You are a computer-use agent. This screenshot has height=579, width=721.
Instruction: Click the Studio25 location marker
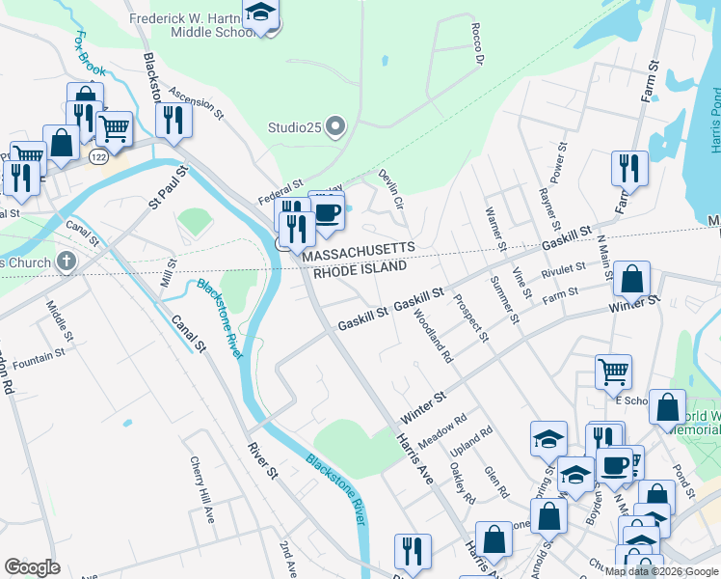(x=335, y=126)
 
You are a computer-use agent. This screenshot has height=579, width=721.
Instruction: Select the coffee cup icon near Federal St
(x=328, y=213)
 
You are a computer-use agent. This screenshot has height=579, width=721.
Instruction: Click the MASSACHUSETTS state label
(x=359, y=249)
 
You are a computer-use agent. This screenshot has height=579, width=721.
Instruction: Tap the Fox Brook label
(x=90, y=57)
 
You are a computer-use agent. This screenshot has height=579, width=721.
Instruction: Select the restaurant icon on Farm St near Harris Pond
(x=628, y=168)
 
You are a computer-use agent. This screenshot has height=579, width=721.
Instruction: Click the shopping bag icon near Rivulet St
(x=631, y=279)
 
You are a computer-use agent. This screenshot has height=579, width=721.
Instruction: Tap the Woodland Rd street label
(x=434, y=335)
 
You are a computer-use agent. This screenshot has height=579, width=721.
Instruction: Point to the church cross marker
(x=66, y=261)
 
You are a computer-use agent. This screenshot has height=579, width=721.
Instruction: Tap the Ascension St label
(x=196, y=101)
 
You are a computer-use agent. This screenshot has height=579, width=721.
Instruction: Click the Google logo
(x=32, y=567)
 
